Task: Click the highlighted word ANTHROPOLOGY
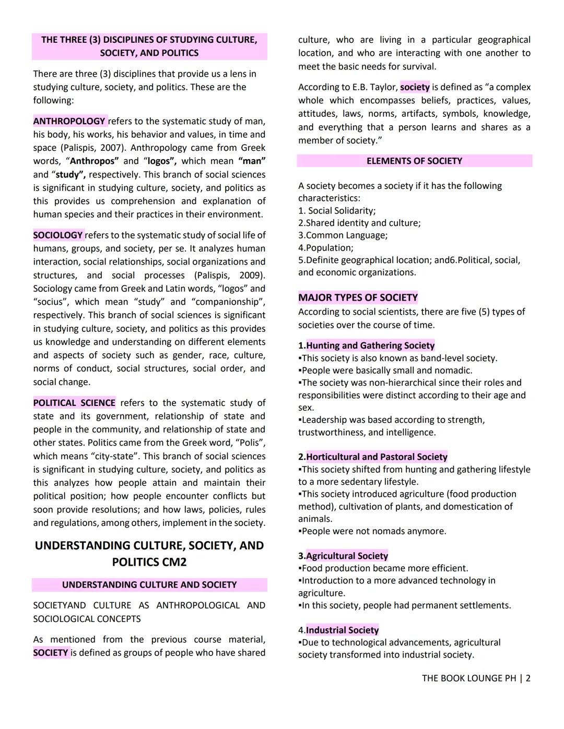69,121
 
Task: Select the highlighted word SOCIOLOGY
58,235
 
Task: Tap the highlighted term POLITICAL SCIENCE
74,403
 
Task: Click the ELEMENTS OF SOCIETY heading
414,161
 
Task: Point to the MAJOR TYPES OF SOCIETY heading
358,297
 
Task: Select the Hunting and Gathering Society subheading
370,345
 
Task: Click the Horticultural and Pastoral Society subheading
377,457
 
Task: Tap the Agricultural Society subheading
347,556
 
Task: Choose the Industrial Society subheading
342,630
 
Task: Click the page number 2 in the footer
528,678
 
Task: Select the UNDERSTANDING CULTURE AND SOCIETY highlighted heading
149,585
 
